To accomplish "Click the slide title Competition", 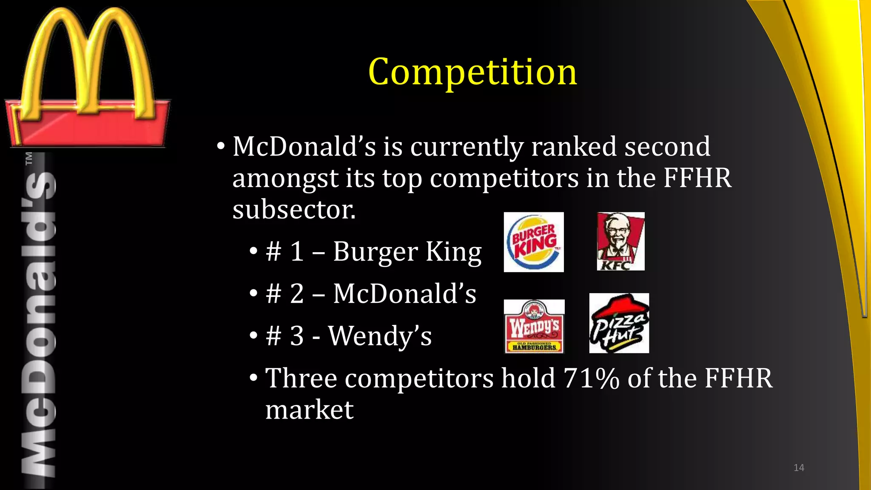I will pos(473,72).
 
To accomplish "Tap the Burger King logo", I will pos(534,242).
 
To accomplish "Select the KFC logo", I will pos(621,241).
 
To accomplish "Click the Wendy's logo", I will pos(534,326).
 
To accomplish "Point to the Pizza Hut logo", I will pos(619,323).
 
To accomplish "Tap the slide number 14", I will pos(799,468).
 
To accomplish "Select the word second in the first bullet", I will pos(667,146).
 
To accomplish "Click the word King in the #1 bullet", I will pos(453,251).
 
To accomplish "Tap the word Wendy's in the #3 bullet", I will pos(380,336).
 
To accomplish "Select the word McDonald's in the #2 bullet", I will pos(404,293).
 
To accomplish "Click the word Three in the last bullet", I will pos(301,378).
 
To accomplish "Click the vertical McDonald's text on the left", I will pos(38,323).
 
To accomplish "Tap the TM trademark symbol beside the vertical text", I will pos(29,158).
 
